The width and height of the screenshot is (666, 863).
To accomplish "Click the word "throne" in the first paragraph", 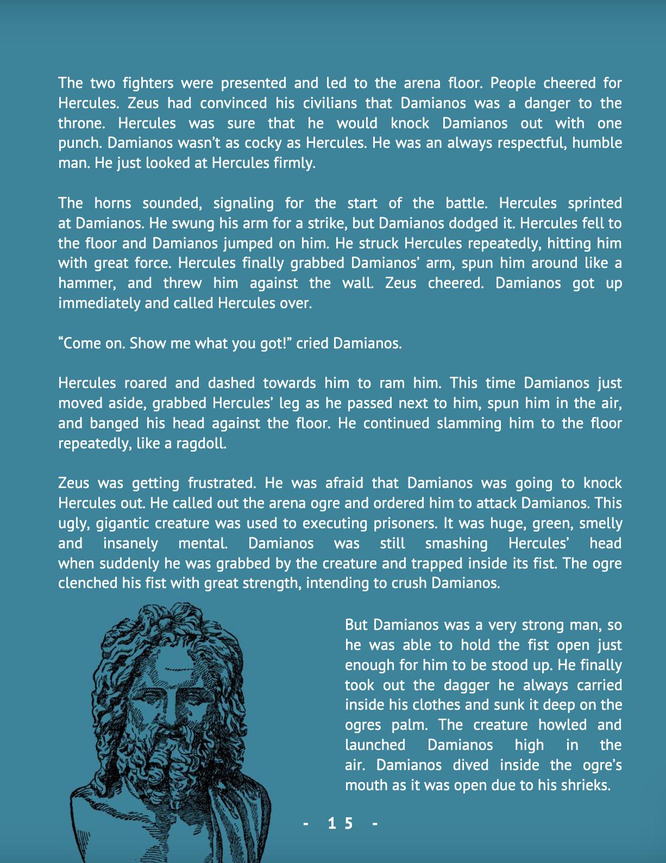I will pyautogui.click(x=81, y=123).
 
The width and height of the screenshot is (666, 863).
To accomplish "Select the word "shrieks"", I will pyautogui.click(x=586, y=786).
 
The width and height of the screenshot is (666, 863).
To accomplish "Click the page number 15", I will pyautogui.click(x=341, y=824).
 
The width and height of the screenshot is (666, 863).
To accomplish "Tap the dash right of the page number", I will pyautogui.click(x=374, y=824).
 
